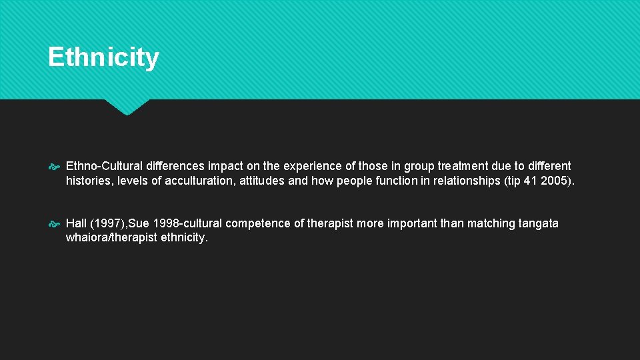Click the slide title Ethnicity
coord(103,57)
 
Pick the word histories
coord(89,181)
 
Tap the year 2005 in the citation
coord(554,181)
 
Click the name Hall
coord(77,223)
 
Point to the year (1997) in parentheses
coord(108,223)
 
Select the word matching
coord(486,223)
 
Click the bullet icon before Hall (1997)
coord(55,224)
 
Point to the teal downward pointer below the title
coord(127,107)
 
